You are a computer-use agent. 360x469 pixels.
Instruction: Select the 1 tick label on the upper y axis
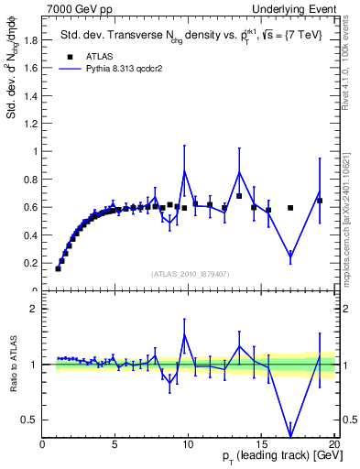point(37,151)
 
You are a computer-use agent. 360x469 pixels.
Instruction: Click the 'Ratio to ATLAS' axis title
point(13,365)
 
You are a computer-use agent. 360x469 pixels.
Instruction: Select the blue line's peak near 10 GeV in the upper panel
point(185,170)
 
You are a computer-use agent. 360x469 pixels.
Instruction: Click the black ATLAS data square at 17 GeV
point(290,208)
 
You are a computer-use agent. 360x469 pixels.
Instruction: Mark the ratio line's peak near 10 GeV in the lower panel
point(185,334)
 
